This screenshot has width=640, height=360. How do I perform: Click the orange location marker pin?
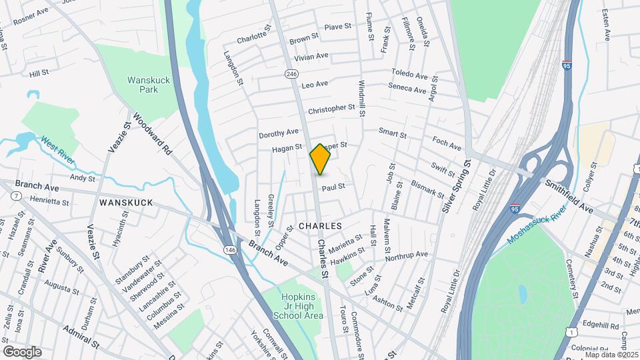pos(320,159)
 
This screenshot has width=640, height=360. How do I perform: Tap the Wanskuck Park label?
pos(143,85)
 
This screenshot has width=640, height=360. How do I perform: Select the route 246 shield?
pos(291,74)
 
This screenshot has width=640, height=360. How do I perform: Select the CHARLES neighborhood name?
pos(320,227)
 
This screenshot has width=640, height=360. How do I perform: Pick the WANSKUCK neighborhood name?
pos(126,202)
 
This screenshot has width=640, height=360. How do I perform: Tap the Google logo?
pos(22,351)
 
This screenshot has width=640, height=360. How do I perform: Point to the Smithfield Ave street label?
pos(569,195)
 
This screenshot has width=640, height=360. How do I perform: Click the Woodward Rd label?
pos(153,134)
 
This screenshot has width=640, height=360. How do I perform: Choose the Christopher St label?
pos(331,108)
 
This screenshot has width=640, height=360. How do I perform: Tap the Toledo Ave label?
pos(409,75)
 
